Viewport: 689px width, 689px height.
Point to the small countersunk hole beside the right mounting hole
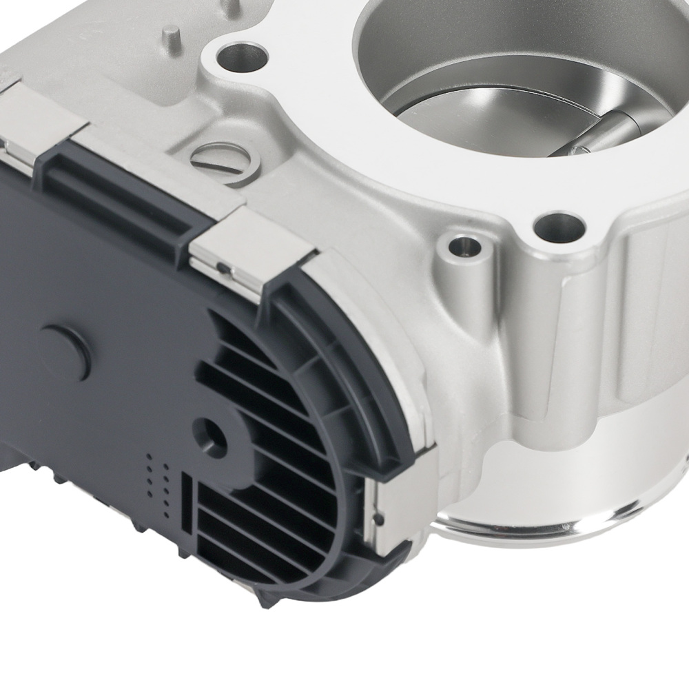[461, 246]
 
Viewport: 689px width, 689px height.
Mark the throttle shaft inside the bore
[599, 135]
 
